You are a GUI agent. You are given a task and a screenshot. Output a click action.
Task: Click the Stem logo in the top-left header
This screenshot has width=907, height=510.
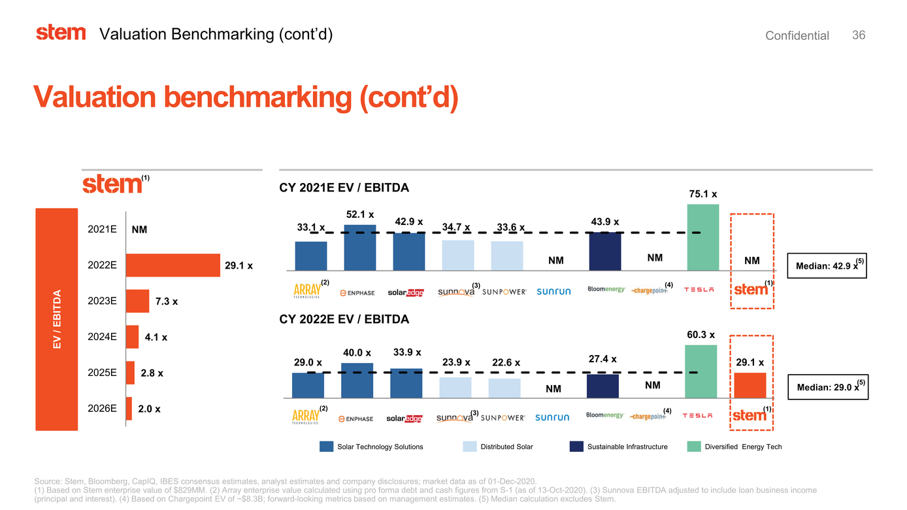[x=61, y=33]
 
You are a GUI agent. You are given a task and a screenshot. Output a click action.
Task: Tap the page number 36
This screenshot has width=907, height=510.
[x=859, y=35]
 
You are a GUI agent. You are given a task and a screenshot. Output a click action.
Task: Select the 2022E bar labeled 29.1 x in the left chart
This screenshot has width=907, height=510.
[x=173, y=265]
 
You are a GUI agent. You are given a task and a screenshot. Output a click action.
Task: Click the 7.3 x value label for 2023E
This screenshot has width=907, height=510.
[x=167, y=302]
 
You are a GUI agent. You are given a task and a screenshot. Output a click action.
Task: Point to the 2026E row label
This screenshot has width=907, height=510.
[x=102, y=409]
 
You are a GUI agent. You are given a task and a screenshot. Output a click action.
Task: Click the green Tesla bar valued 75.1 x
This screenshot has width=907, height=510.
[x=703, y=237]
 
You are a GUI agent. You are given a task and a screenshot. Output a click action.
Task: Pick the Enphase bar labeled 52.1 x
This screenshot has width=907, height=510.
[x=360, y=247]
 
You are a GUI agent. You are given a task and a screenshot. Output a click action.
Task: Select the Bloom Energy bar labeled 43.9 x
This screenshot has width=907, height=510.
[x=605, y=251]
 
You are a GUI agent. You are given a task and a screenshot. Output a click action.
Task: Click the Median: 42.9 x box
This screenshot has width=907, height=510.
[x=827, y=266]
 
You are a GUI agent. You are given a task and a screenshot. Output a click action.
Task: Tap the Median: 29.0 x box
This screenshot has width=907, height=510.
[x=827, y=387]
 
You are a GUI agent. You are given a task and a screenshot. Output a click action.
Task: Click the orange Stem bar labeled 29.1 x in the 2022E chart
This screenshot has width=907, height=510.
[x=750, y=385]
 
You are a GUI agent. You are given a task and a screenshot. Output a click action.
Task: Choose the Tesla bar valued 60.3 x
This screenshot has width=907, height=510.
[x=701, y=371]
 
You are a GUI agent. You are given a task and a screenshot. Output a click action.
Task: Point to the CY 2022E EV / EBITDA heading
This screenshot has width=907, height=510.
[x=344, y=319]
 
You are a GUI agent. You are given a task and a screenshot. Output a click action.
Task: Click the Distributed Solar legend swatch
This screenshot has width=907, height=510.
[x=469, y=447]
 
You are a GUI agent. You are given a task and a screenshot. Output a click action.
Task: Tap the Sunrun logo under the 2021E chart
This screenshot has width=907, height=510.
[x=553, y=292]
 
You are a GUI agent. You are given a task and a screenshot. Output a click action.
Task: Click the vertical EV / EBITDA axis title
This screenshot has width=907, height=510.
[x=57, y=319]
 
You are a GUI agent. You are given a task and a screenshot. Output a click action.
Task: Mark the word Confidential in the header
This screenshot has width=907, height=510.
[x=797, y=36]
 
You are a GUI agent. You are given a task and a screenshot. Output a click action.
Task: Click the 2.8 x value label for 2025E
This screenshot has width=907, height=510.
[x=152, y=373]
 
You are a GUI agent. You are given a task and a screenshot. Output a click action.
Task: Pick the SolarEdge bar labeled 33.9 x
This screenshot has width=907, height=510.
[x=406, y=382]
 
